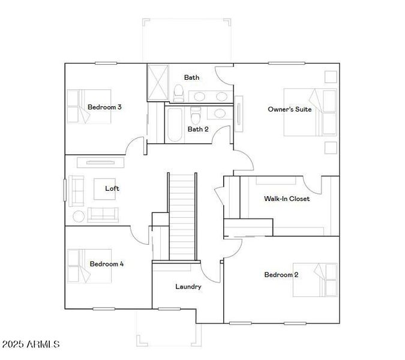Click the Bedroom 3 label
click(104, 107)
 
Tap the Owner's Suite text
click(290, 109)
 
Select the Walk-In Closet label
click(287, 199)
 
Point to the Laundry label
click(188, 287)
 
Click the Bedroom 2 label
click(281, 275)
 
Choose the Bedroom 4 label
click(107, 263)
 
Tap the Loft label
click(112, 188)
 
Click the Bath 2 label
click(198, 129)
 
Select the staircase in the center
click(182, 216)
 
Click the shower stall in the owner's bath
click(158, 83)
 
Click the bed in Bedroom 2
click(315, 280)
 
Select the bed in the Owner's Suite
click(310, 112)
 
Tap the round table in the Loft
click(79, 215)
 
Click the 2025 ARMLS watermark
click(31, 344)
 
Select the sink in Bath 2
click(220, 113)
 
